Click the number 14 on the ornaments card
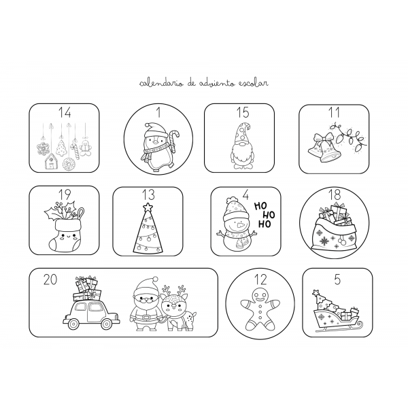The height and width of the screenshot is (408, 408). pos(65,113)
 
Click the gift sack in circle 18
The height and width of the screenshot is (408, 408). pos(333,231)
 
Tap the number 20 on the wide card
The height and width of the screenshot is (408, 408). pos(50,279)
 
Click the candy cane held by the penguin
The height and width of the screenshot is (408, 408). pos(172,136)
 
